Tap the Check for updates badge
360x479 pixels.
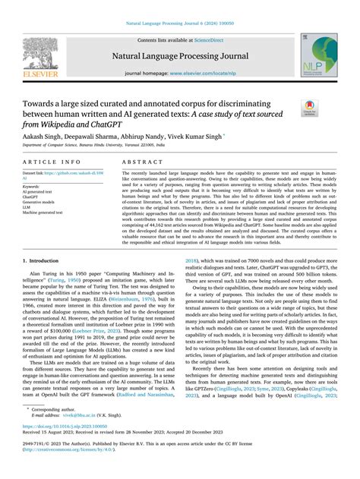pyautogui.click(x=311, y=109)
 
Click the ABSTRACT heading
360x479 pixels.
pyautogui.click(x=141, y=162)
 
